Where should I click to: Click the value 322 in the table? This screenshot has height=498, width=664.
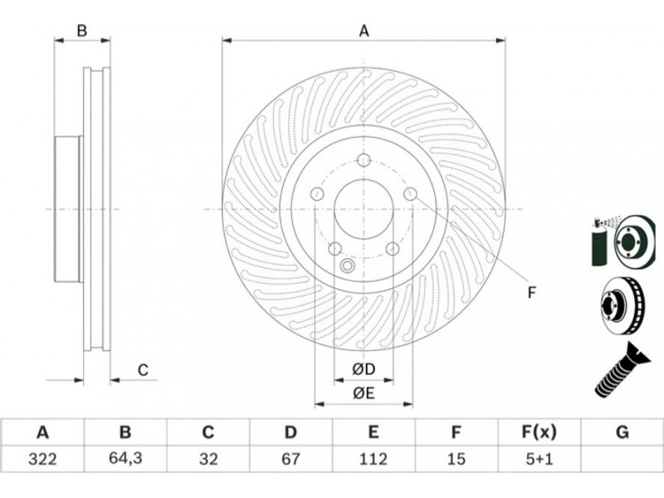(x=42, y=459)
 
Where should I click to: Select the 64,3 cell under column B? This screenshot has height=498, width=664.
(x=125, y=459)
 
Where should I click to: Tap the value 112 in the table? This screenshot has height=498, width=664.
(x=373, y=459)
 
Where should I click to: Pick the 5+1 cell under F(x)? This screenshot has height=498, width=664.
(x=539, y=459)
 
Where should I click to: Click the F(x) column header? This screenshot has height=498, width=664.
(x=539, y=432)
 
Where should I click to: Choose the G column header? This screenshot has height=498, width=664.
(x=622, y=432)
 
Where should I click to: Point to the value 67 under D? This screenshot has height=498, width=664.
(x=290, y=459)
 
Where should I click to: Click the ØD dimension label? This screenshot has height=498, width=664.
(x=364, y=369)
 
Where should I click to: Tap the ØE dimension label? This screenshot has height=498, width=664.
(x=364, y=393)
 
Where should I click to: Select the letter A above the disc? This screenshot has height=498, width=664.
(x=364, y=31)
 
